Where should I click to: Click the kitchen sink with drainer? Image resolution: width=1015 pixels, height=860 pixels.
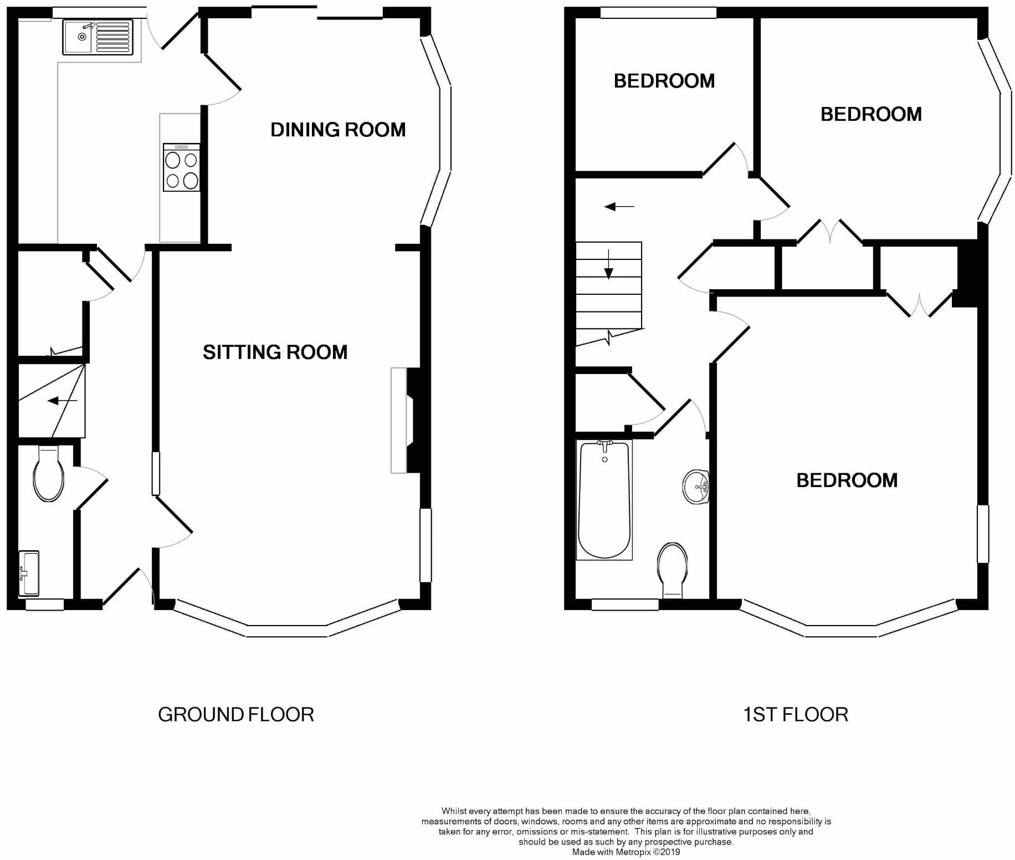point(98,37)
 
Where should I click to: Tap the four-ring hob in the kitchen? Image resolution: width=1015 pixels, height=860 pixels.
point(181,168)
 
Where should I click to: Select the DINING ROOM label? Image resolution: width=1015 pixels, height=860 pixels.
point(338,130)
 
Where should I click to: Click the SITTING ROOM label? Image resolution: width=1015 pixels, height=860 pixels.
point(275,352)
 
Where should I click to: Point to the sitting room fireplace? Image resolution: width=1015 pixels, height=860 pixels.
point(406,421)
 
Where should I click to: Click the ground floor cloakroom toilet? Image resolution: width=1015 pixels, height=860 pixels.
point(49,475)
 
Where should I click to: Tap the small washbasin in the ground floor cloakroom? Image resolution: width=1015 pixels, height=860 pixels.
point(29,572)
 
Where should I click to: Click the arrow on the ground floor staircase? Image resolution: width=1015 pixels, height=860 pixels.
point(62,401)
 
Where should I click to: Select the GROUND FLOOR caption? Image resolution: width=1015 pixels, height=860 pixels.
point(236,714)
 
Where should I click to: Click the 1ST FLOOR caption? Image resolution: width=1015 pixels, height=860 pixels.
point(795,714)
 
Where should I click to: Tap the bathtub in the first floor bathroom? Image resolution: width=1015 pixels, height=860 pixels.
point(604,499)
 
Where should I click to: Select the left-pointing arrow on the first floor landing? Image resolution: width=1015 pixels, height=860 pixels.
point(618,207)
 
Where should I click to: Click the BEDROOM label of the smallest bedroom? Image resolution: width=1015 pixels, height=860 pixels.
point(664,81)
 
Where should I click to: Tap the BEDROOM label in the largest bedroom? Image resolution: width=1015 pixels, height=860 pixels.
point(847,480)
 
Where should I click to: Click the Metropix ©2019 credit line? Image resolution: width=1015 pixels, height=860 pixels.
point(626,852)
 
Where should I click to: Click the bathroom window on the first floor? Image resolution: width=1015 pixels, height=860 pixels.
point(624,605)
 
